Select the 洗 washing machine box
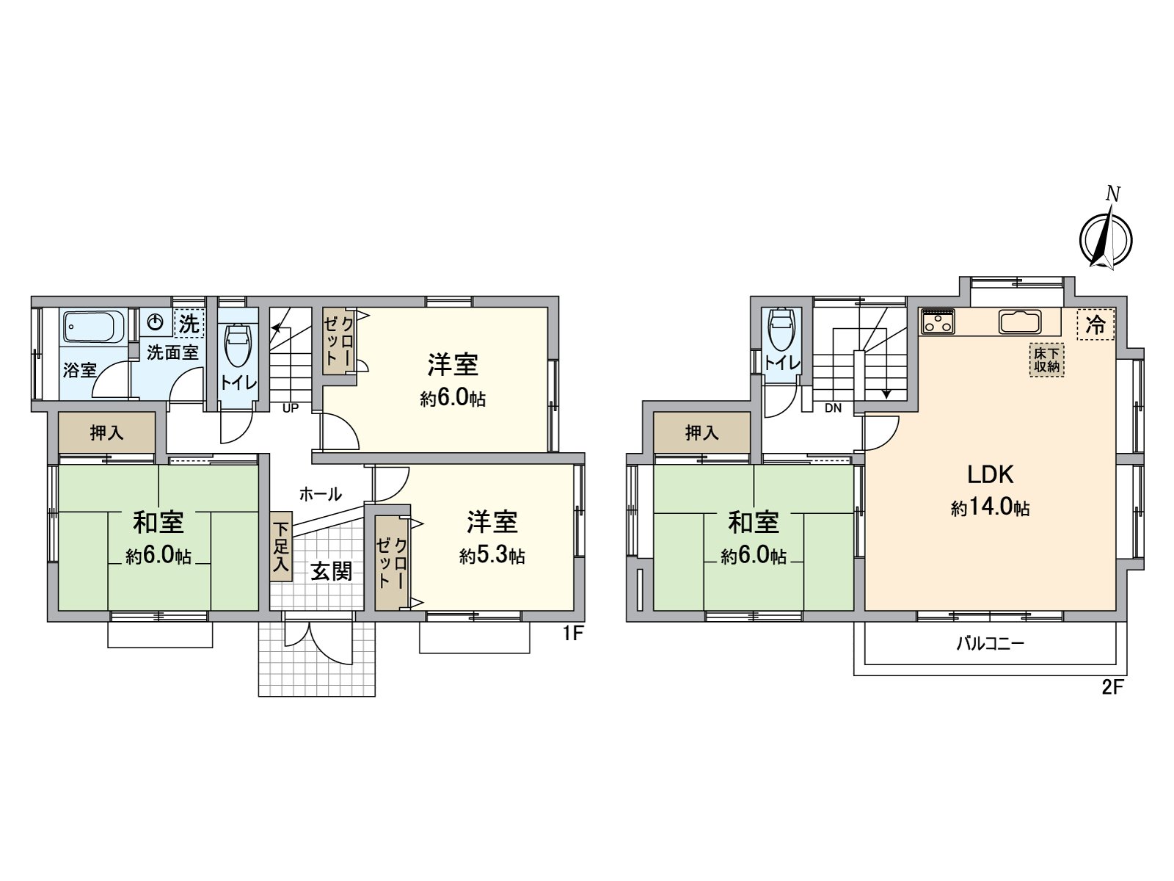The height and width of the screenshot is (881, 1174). tap(189, 323)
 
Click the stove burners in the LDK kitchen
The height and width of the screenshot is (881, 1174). tap(938, 322)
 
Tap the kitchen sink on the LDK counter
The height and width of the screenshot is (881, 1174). tap(1019, 322)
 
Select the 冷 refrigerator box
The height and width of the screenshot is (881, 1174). tap(1095, 325)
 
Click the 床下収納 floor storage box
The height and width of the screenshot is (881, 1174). tap(1047, 360)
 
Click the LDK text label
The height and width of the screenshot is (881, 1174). tap(990, 475)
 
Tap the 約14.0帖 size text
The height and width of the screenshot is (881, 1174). tap(990, 507)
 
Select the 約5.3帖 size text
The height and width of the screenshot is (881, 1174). tap(492, 556)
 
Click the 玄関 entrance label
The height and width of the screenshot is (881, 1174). tap(332, 570)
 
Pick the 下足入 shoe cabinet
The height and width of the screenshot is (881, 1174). tap(281, 547)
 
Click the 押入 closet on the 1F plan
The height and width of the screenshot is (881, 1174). tap(107, 433)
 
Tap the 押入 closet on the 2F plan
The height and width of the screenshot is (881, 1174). tap(702, 433)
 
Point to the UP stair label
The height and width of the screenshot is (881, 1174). tap(291, 408)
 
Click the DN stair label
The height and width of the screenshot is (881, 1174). tap(833, 408)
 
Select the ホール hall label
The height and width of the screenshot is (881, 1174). tap(320, 494)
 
